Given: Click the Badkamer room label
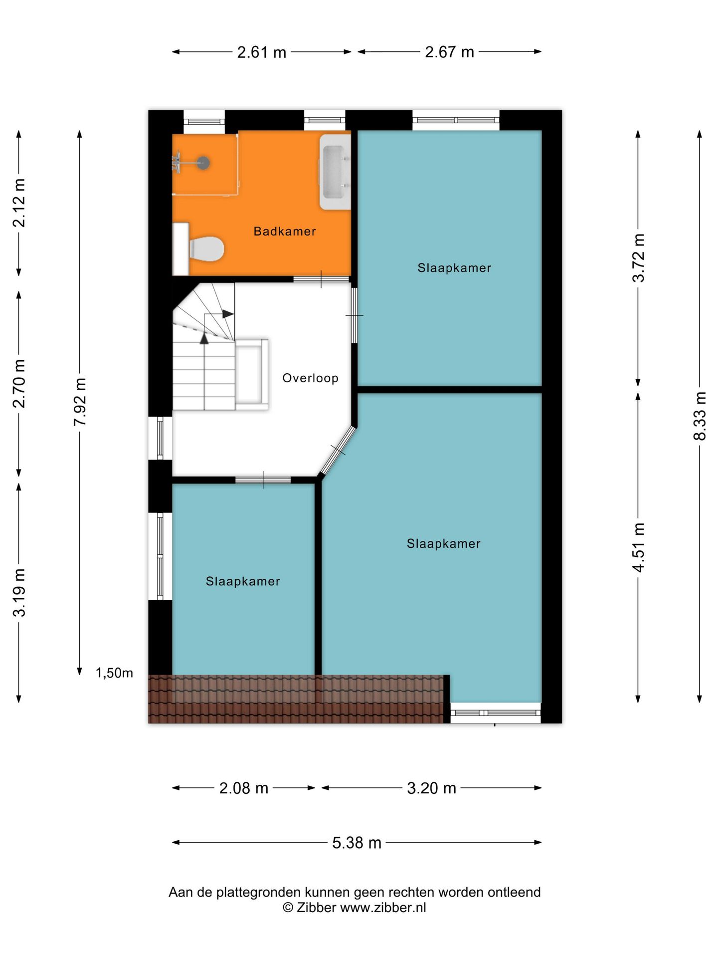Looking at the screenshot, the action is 284,232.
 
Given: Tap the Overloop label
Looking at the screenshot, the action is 310,378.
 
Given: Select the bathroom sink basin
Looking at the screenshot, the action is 335,172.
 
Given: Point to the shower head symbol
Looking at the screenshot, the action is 203,163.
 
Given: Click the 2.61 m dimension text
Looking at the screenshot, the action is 261,52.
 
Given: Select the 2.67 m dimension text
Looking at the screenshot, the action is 449,52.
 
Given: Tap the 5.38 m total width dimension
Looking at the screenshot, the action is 357,843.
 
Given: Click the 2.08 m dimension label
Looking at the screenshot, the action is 244,788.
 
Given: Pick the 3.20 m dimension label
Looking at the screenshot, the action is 431,788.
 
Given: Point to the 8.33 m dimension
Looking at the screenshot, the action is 700,416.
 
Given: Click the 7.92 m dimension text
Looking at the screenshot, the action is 80,402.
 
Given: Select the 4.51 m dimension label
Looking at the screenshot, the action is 638,547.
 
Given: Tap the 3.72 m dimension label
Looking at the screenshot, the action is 638,258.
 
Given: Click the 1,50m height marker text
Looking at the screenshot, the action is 114,673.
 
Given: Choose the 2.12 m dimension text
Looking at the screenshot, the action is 19,203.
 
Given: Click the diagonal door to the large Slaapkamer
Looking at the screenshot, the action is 338,451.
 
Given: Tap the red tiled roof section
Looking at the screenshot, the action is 296,699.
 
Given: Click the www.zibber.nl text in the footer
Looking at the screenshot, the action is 383,908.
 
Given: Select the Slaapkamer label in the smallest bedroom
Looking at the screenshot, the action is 243,581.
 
